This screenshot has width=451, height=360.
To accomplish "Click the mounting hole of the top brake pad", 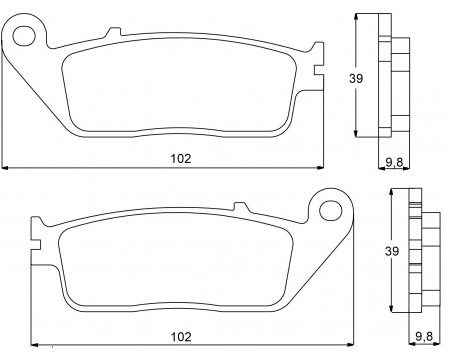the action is (x=24, y=35).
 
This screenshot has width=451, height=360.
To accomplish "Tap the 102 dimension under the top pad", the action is (x=181, y=158).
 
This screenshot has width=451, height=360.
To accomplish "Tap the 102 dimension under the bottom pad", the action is (x=181, y=337).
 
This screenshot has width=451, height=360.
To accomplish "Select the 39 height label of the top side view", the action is (x=356, y=79).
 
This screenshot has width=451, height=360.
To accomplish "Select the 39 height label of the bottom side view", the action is (x=392, y=251).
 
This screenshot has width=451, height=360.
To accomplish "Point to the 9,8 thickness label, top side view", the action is (x=394, y=162).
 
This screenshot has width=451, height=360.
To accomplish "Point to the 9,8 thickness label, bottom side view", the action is (x=424, y=337).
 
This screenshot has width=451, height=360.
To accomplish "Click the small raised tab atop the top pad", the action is (x=113, y=32).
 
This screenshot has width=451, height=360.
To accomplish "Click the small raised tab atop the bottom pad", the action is (x=241, y=207).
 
